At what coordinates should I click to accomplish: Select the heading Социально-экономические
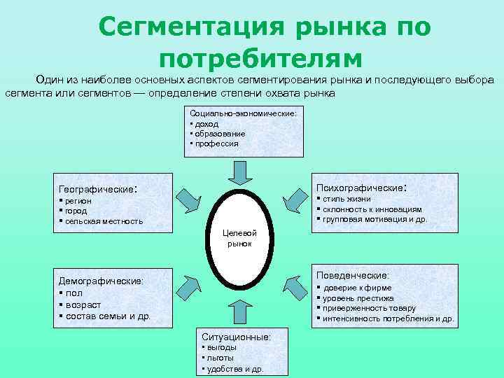tap(243, 113)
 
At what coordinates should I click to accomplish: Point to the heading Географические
tap(97, 190)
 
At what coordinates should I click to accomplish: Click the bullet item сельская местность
tap(102, 220)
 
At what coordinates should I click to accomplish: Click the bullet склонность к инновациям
tap(371, 209)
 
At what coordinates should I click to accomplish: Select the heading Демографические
tap(101, 281)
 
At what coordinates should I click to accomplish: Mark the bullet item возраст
tap(83, 304)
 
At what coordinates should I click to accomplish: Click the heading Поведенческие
tap(353, 276)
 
